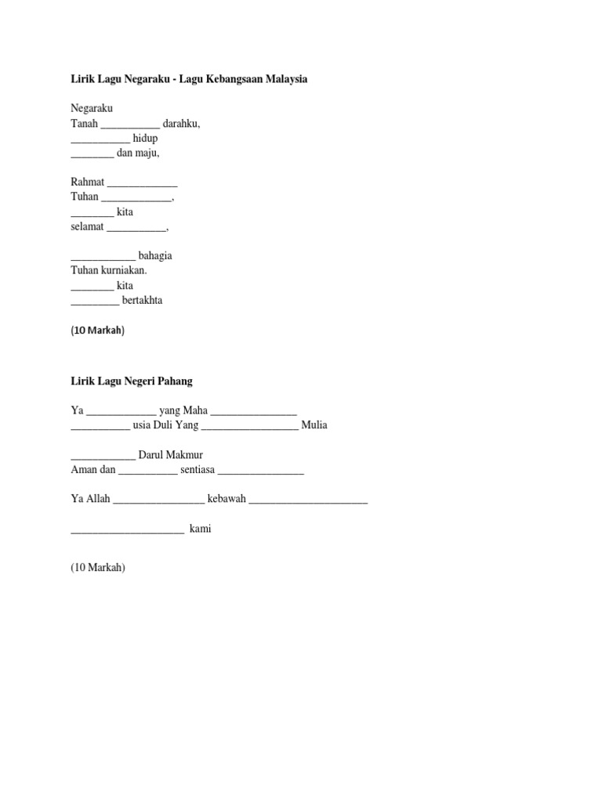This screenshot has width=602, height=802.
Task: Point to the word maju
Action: (148, 154)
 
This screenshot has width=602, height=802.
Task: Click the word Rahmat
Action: (87, 182)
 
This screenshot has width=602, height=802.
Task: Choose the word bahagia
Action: (155, 256)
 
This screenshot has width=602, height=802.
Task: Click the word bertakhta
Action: (143, 301)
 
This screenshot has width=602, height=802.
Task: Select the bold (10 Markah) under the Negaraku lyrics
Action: (97, 331)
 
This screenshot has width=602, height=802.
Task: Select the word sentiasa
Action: (198, 470)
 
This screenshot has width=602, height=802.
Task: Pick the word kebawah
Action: (227, 499)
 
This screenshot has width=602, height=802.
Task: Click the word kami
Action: (200, 529)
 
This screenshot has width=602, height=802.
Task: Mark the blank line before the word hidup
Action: (100, 141)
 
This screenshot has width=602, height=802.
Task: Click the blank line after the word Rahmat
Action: (142, 185)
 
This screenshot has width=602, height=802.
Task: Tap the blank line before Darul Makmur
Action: (103, 457)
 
